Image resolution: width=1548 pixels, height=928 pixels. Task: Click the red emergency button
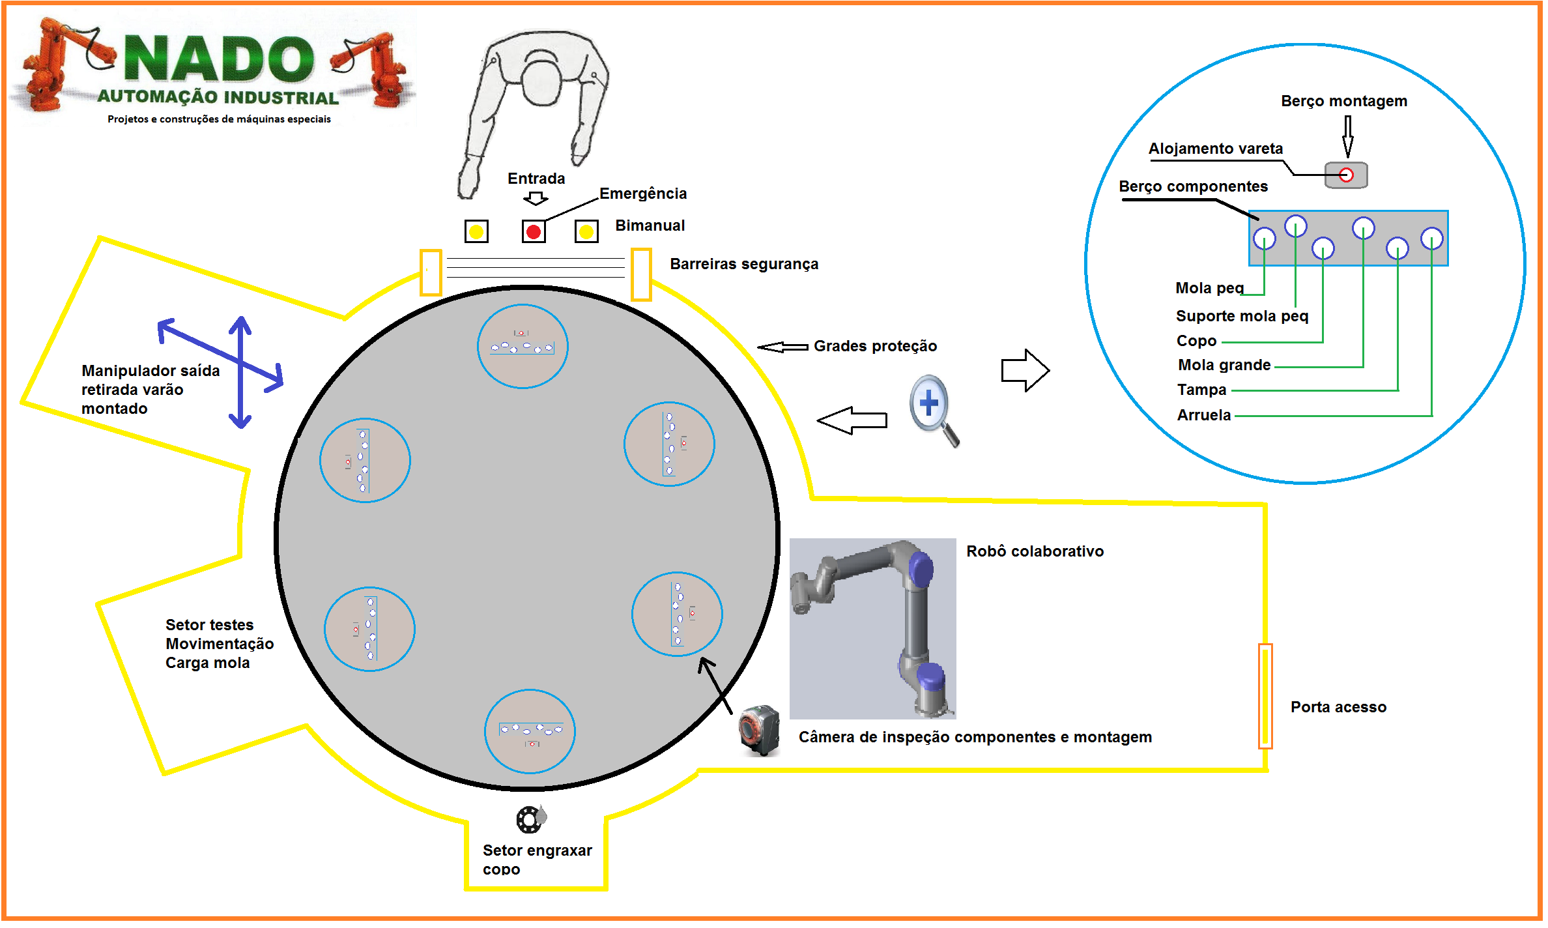coord(534,231)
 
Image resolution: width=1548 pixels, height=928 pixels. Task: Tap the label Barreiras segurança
coord(743,264)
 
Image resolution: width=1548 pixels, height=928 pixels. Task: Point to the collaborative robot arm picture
coord(872,628)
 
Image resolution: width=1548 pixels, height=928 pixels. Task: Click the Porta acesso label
coord(1338,707)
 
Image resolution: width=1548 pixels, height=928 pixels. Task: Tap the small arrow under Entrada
coord(536,198)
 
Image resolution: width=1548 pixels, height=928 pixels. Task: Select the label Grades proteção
coord(874,346)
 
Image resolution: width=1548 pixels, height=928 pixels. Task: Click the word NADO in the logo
coord(218,60)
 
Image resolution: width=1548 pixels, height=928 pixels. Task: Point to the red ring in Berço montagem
coord(1346,175)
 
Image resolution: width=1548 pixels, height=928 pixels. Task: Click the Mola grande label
coord(1224,365)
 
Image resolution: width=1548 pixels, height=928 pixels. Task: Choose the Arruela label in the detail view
coord(1203,415)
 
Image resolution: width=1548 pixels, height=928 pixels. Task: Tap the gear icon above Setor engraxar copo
coord(530,819)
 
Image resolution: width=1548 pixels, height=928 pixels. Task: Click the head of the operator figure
coord(542,81)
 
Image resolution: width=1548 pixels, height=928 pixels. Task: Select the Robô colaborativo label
coord(1035,551)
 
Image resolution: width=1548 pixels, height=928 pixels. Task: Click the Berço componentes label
coord(1193,186)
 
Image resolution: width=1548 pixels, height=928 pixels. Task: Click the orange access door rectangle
coord(1265,695)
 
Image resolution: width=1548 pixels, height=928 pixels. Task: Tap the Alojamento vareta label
coord(1215,149)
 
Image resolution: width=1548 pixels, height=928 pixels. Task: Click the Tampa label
coord(1201,390)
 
